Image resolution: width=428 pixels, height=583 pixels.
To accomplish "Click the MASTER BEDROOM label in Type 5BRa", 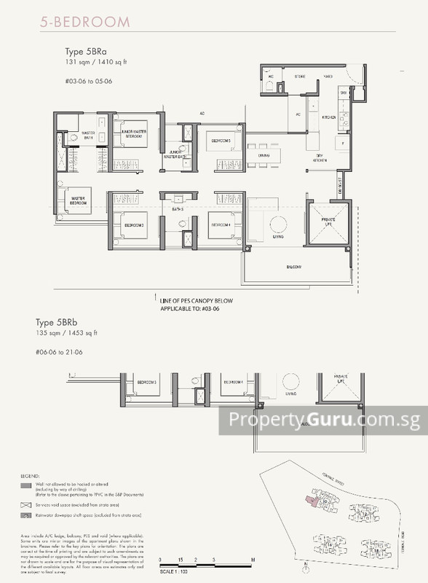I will pos(79,198).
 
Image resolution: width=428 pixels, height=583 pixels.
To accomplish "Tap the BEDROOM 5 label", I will pos(221,141).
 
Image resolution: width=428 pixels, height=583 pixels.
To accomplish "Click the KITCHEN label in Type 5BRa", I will pos(328,117).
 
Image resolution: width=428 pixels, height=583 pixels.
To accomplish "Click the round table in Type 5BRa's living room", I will pos(279,224).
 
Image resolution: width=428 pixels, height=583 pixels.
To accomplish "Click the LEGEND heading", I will pos(31,477).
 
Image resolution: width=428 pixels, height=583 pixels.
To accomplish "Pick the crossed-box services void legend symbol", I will pos(26,504).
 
